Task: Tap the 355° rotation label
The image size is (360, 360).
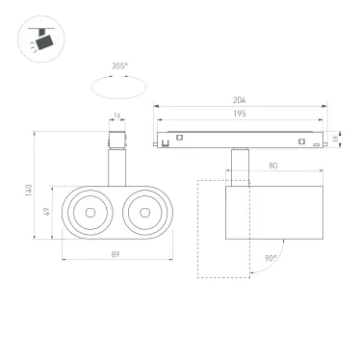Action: coord(119,66)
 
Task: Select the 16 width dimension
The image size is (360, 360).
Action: coord(116,117)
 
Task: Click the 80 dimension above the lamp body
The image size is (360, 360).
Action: coord(273,167)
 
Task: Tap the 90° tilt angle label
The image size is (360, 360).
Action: coord(271,258)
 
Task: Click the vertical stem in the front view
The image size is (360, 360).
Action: coord(116,166)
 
